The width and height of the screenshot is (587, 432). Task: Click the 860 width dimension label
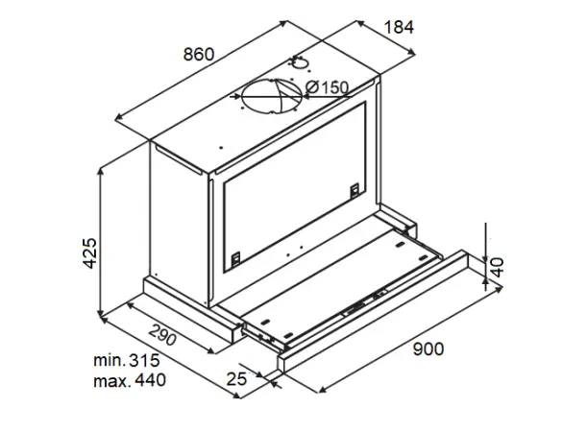[x=199, y=55]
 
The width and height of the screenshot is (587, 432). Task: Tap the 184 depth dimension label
[x=399, y=27]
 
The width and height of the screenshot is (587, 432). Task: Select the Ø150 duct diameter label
[x=328, y=87]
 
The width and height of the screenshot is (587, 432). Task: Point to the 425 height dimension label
[x=90, y=252]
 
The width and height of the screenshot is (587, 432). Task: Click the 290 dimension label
[x=162, y=334]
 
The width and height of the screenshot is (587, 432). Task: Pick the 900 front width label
[x=428, y=349]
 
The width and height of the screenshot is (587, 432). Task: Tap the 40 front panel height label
[x=498, y=267]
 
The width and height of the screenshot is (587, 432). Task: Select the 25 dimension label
[x=236, y=379]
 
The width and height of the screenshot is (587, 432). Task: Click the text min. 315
[x=127, y=361]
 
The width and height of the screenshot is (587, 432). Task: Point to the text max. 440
[x=130, y=380]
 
